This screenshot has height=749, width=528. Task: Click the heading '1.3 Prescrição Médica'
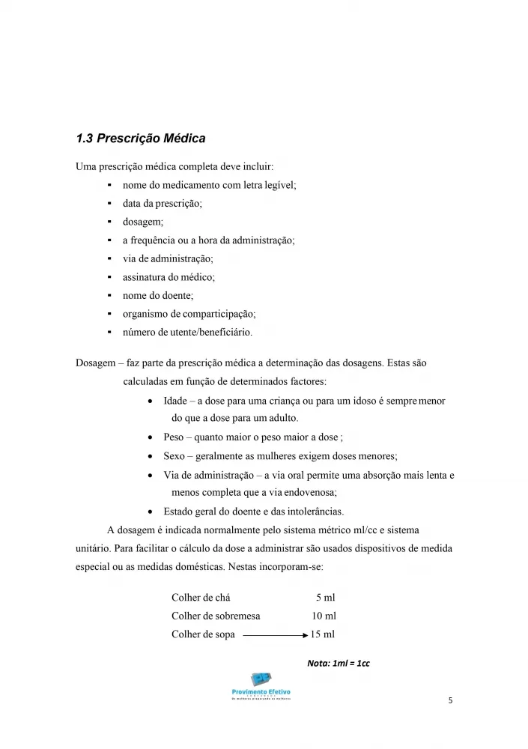(141, 139)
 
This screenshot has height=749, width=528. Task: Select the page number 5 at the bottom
(449, 701)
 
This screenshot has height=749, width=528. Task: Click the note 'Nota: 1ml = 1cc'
(339, 663)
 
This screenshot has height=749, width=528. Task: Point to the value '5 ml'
(326, 597)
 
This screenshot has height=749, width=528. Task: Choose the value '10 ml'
(324, 616)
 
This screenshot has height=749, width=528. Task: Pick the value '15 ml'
(323, 634)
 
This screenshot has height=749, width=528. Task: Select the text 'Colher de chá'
(201, 597)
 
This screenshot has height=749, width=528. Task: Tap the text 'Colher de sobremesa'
(216, 616)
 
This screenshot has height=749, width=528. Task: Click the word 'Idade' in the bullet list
(175, 401)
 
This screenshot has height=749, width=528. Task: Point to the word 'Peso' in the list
(174, 437)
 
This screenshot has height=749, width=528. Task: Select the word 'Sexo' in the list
(174, 455)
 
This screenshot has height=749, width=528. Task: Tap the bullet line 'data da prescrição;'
(163, 203)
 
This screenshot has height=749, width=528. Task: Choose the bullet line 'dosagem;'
(142, 222)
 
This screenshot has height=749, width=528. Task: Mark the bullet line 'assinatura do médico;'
(169, 277)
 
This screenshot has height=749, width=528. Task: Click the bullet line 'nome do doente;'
(157, 296)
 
